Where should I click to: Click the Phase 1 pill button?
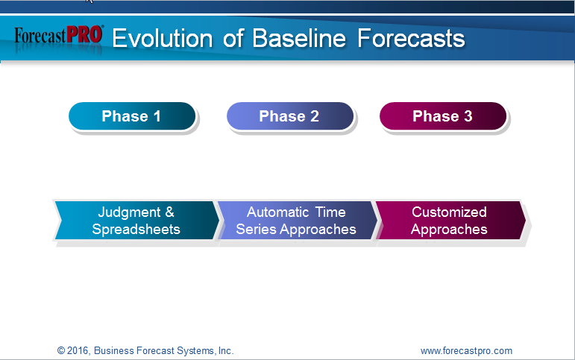[132, 116]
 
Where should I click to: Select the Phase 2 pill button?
[290, 116]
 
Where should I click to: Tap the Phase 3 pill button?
[443, 116]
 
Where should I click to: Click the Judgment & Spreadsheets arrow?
[136, 221]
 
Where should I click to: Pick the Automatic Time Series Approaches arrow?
[297, 221]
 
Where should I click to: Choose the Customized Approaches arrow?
[451, 221]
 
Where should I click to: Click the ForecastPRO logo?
[59, 36]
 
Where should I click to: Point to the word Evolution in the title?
[163, 38]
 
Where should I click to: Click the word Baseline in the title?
[299, 38]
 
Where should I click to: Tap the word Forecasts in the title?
[411, 38]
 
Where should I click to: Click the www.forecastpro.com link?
[466, 351]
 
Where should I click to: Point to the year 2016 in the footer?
[78, 350]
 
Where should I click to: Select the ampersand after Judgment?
[169, 212]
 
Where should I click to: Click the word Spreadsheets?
[136, 229]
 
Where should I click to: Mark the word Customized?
[449, 212]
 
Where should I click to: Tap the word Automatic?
[278, 212]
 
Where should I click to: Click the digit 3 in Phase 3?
[468, 116]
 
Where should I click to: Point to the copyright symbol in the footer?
[61, 350]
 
